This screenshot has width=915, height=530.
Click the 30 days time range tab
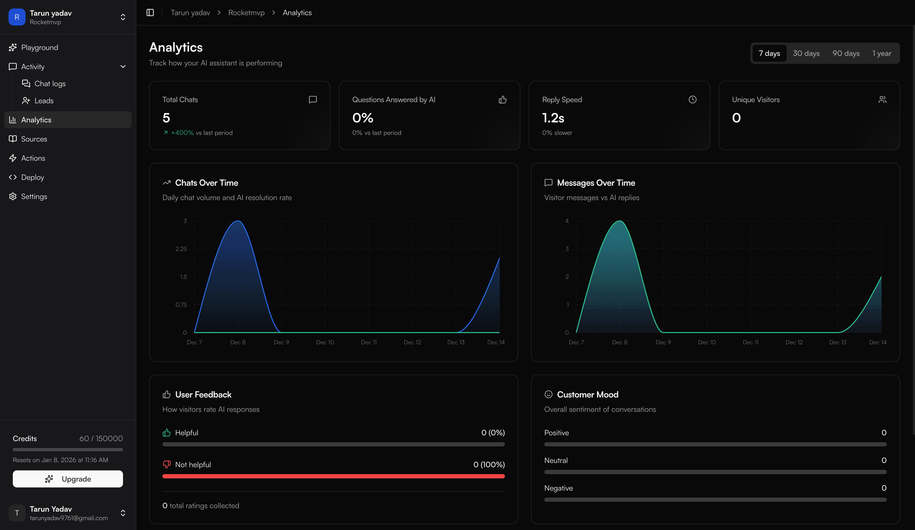pyautogui.click(x=806, y=53)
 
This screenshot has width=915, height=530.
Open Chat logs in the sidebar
pyautogui.click(x=50, y=84)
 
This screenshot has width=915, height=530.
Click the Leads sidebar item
pyautogui.click(x=44, y=101)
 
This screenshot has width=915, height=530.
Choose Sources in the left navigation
pyautogui.click(x=34, y=139)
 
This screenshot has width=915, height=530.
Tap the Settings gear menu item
pyautogui.click(x=34, y=197)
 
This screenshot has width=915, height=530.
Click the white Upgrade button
pyautogui.click(x=68, y=479)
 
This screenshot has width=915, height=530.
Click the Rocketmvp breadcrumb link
pyautogui.click(x=246, y=13)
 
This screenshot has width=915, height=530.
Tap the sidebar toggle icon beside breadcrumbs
pyautogui.click(x=150, y=13)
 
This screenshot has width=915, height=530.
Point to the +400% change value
pyautogui.click(x=182, y=133)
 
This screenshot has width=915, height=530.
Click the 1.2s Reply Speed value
pyautogui.click(x=553, y=118)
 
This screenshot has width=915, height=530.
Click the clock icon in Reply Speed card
pyautogui.click(x=692, y=100)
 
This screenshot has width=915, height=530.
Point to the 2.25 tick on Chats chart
pyautogui.click(x=181, y=249)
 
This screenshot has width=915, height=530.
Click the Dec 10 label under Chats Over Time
pyautogui.click(x=325, y=342)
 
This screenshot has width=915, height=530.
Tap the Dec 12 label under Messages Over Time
pyautogui.click(x=794, y=342)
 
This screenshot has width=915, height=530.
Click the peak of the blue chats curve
pyautogui.click(x=238, y=221)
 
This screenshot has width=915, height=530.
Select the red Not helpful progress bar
pyautogui.click(x=333, y=476)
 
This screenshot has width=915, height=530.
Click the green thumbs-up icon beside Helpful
pyautogui.click(x=167, y=433)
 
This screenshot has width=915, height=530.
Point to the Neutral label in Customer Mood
pyautogui.click(x=555, y=460)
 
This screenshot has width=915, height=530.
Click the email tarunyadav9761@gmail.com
pyautogui.click(x=69, y=518)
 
